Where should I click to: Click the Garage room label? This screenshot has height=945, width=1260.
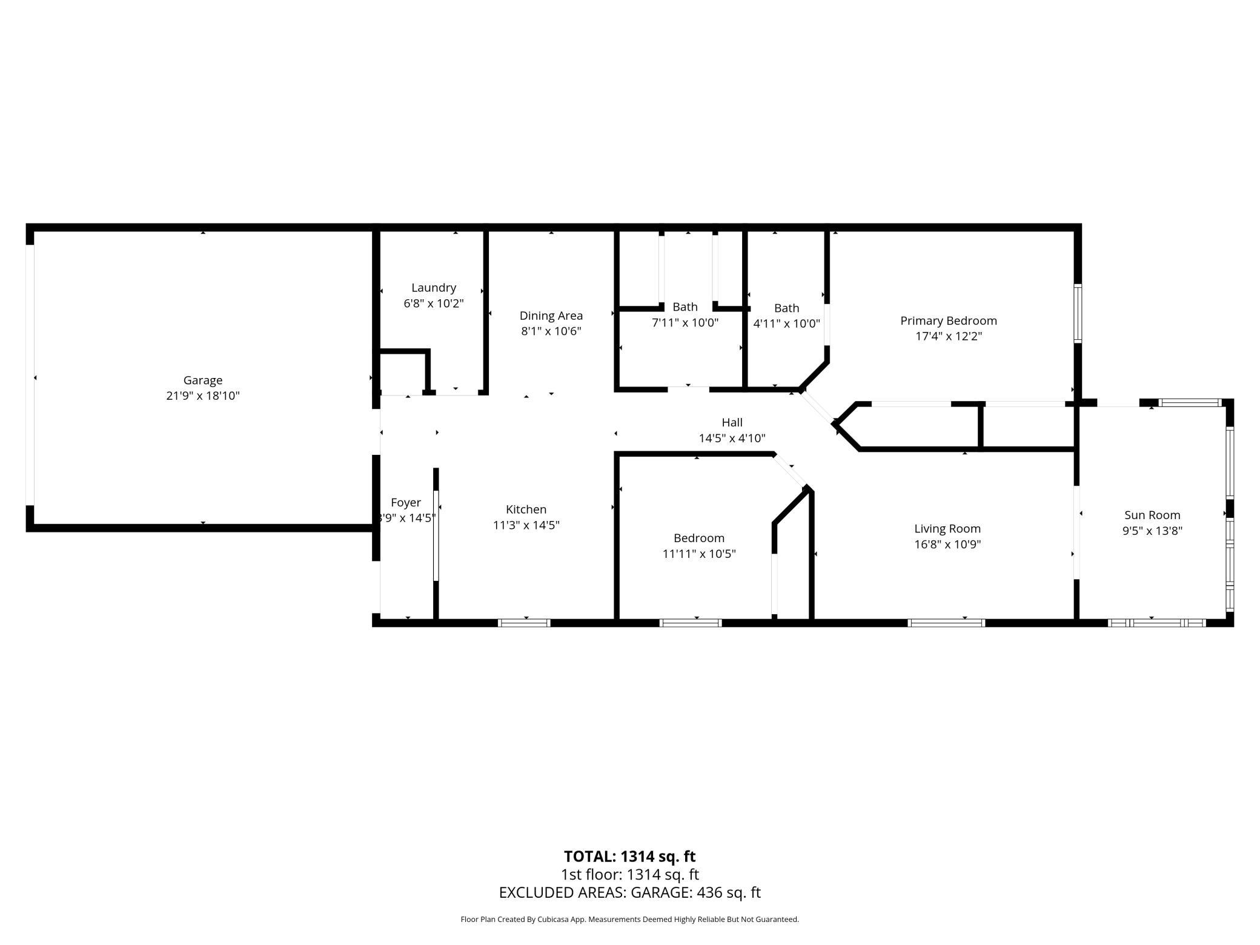[203, 380]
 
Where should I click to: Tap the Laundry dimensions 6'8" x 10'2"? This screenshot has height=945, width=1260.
[434, 303]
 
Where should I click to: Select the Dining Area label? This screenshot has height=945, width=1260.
[551, 316]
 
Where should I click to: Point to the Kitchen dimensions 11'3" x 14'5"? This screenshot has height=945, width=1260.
[526, 525]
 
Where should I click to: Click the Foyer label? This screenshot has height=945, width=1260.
[406, 503]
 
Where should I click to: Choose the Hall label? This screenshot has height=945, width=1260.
[732, 422]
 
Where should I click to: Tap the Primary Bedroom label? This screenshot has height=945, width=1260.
[949, 321]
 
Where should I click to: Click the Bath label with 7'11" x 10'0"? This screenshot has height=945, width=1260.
[685, 307]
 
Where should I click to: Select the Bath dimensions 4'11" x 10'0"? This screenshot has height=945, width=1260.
[786, 324]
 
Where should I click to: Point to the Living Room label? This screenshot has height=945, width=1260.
[947, 529]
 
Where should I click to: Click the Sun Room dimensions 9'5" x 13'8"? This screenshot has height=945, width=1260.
[1152, 531]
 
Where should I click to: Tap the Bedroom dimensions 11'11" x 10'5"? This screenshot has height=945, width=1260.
[699, 554]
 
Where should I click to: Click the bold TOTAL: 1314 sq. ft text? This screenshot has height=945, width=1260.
[629, 857]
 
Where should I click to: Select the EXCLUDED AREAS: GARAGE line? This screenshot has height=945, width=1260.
[629, 892]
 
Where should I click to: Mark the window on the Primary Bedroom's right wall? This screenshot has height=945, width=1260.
[1078, 314]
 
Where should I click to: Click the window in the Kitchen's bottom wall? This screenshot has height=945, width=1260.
[524, 623]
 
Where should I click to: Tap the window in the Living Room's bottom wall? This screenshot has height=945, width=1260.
[946, 623]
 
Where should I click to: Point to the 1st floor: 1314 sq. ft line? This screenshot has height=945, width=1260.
[629, 875]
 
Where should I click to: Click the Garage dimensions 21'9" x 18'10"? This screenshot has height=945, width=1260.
[203, 396]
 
